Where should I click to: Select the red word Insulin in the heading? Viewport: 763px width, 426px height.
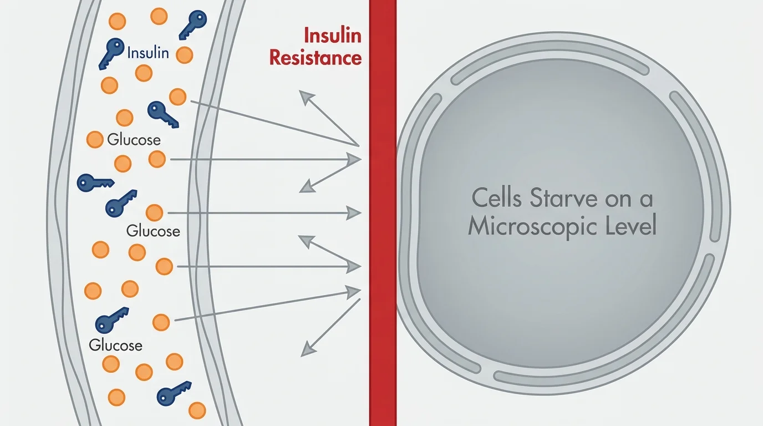332,36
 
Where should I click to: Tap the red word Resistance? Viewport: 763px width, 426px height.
316,58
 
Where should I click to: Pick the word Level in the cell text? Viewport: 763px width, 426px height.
632,226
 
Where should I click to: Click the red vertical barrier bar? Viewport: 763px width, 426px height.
383,222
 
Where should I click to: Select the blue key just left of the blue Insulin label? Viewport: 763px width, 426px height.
111,53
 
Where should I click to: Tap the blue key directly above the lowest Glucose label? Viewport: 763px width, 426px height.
111,321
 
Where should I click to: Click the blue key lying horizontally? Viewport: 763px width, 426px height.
95,182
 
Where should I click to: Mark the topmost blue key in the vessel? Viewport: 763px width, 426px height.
192,24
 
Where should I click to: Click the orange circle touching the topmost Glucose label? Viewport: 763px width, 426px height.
95,139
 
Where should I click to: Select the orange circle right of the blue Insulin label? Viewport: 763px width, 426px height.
184,55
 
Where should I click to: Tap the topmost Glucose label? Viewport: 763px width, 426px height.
134,139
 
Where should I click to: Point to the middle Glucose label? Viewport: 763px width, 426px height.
153,230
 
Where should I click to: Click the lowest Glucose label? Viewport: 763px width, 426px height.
115,345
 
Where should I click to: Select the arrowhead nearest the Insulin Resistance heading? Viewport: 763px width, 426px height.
306,97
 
